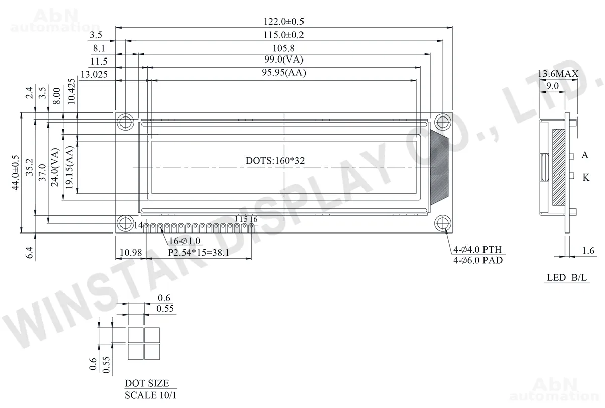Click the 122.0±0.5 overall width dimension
[283, 21]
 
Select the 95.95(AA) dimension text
[283, 73]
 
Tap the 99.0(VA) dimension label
[283, 60]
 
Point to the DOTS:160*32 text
[275, 161]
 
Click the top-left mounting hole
[126, 122]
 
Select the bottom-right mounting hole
[443, 223]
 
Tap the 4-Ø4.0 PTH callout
[477, 250]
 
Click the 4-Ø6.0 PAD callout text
[478, 260]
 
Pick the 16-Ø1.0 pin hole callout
[185, 241]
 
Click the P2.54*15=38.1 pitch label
[199, 253]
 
